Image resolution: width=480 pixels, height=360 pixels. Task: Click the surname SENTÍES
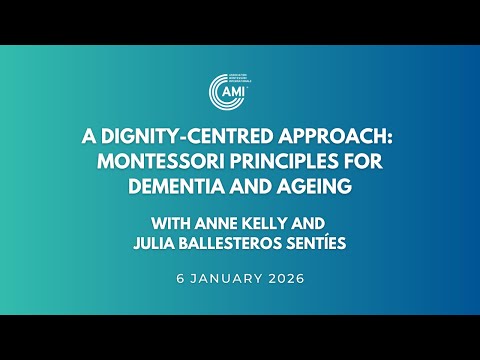313,241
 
